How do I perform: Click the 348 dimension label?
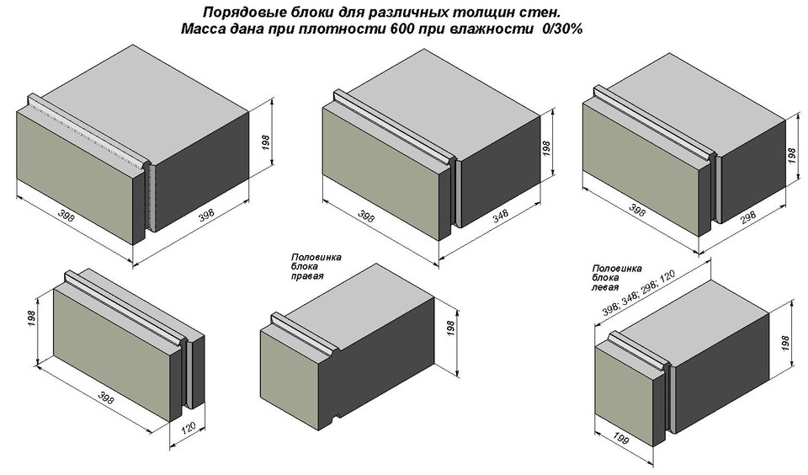click(x=500, y=216)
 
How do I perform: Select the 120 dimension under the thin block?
click(x=189, y=428)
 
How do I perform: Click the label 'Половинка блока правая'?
click(x=316, y=266)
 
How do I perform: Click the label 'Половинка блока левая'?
click(x=617, y=277)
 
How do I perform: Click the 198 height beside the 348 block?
click(x=547, y=148)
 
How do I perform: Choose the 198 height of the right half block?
click(x=450, y=330)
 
